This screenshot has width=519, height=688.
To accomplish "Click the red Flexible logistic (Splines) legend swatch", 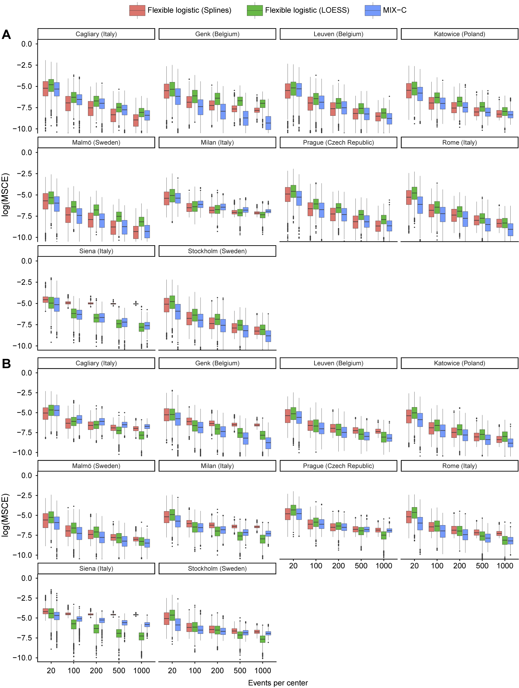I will click(x=137, y=10).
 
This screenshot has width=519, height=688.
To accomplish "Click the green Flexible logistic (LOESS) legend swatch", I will click(x=254, y=10).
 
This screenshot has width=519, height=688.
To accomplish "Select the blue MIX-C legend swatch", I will click(x=372, y=10).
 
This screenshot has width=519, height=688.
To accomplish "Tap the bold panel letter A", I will click(x=6, y=35).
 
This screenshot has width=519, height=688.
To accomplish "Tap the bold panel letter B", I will click(x=6, y=363).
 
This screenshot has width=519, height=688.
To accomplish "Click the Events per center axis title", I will click(x=278, y=683).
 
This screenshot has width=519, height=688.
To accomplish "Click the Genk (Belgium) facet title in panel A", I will click(x=217, y=34).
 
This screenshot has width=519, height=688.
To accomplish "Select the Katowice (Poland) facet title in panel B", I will click(x=459, y=363).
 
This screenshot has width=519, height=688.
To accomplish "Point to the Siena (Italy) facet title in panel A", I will click(x=96, y=251).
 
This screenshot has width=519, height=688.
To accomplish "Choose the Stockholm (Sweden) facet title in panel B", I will click(x=217, y=568).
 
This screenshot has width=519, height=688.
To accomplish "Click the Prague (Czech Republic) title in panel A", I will click(x=338, y=142).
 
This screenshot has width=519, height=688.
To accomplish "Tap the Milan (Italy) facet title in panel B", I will click(x=217, y=466).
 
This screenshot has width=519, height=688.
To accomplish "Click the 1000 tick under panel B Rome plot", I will click(x=504, y=566).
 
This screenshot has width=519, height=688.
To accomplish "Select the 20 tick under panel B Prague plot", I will click(x=293, y=566).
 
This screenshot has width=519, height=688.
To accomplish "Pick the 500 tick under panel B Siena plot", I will click(x=119, y=671).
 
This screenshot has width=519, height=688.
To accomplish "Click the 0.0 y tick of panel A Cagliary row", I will click(x=26, y=44).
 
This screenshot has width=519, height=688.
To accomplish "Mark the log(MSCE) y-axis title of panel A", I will click(x=6, y=194).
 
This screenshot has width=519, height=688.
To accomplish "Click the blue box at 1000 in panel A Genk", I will click(x=268, y=123).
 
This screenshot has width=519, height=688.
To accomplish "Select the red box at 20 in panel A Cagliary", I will click(x=46, y=89).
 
